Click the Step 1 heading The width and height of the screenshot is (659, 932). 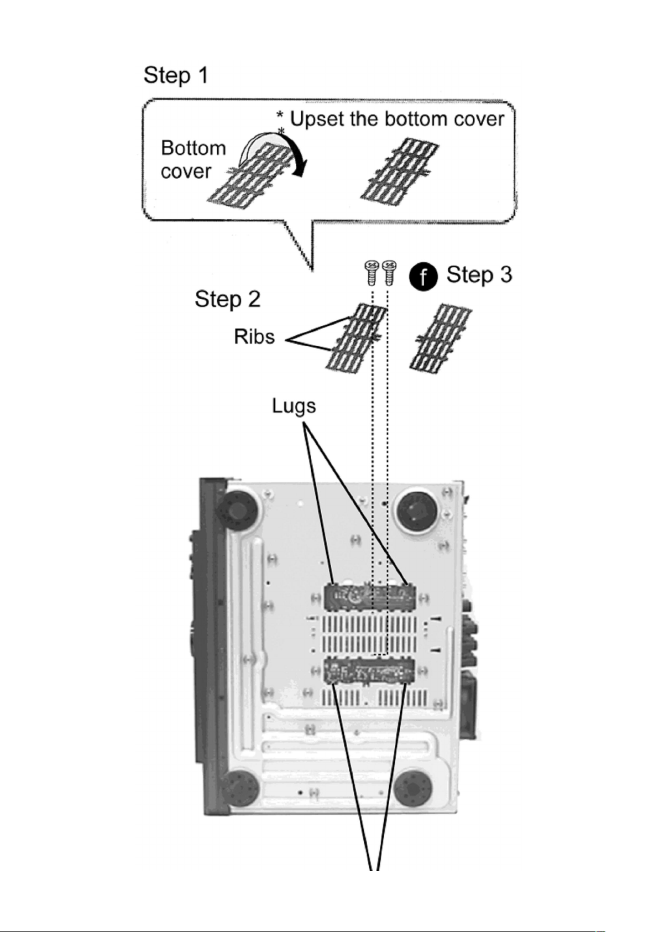[x=176, y=75]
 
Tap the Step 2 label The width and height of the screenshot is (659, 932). [x=227, y=299]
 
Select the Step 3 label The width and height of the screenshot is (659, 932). [x=479, y=275]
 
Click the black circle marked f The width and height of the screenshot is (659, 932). [x=423, y=277]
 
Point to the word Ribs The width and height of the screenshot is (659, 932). [x=254, y=336]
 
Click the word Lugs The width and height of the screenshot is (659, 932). [x=294, y=406]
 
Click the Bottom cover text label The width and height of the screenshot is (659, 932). [x=193, y=160]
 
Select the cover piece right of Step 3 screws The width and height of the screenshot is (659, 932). [x=441, y=337]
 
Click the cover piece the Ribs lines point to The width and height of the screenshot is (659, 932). [x=356, y=337]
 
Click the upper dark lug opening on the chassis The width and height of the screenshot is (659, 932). [x=370, y=597]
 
